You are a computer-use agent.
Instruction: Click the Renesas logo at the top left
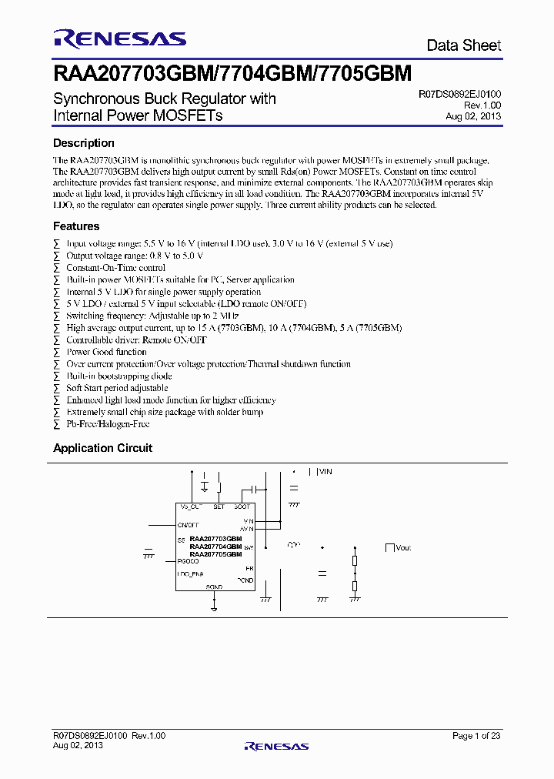coord(119,38)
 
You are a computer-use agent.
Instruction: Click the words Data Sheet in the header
coord(464,45)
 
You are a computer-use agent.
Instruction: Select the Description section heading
coord(83,143)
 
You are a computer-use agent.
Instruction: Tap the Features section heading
coord(76,226)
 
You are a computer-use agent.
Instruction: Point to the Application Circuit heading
coord(102,448)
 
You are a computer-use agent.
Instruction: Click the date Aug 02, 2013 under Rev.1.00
coord(473,116)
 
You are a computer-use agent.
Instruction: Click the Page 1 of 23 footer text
coord(476,736)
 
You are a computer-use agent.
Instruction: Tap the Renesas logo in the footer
coord(276,745)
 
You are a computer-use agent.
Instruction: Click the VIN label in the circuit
coord(325,471)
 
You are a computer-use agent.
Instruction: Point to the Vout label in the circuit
coord(403,547)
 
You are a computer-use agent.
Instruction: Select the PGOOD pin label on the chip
coord(189,561)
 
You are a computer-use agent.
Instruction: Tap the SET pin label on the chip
coord(219,507)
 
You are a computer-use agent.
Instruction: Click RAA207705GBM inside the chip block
coord(215,554)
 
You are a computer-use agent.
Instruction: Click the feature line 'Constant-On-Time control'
coord(115,268)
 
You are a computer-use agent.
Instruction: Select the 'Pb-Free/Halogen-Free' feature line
coord(108,424)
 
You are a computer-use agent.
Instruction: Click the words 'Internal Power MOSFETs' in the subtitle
coord(138,116)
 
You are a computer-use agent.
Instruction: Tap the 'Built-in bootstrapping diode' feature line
coord(118,376)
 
